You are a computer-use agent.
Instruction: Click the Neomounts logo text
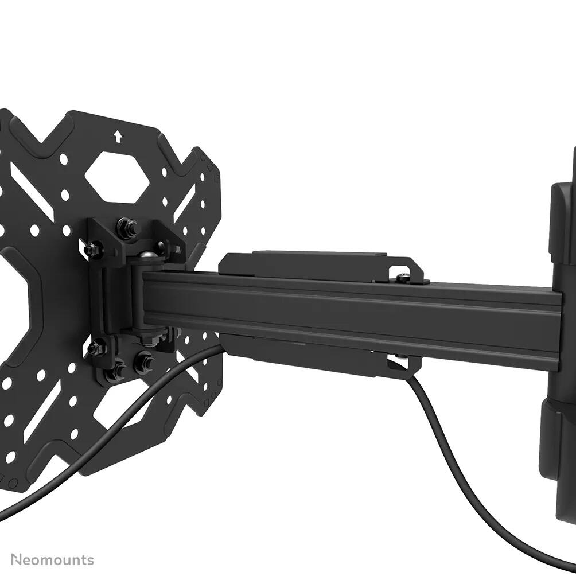pyautogui.click(x=52, y=559)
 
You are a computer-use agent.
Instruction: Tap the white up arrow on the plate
pyautogui.click(x=118, y=137)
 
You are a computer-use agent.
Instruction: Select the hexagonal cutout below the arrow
pyautogui.click(x=118, y=177)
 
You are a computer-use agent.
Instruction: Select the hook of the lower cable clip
pyautogui.click(x=398, y=362)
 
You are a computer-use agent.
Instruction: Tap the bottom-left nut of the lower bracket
pyautogui.click(x=116, y=371)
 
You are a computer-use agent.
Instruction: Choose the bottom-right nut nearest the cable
pyautogui.click(x=143, y=363)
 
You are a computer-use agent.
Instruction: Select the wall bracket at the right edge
pyautogui.click(x=559, y=344)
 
